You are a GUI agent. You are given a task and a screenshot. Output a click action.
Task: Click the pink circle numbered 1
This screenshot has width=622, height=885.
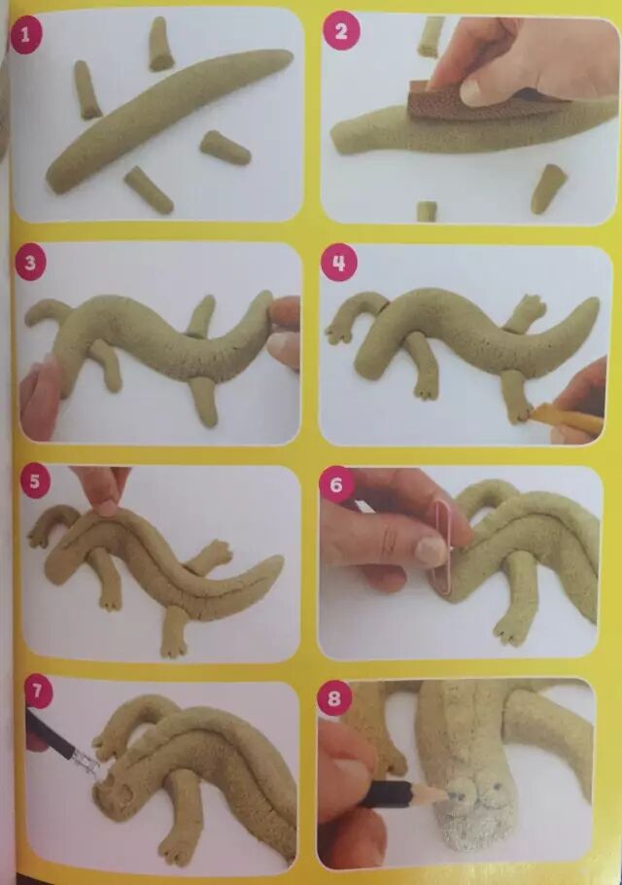click(26, 37)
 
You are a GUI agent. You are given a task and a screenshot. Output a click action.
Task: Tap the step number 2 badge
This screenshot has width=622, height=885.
click(340, 31)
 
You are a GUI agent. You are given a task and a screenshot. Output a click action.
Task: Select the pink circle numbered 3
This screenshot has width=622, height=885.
click(30, 263)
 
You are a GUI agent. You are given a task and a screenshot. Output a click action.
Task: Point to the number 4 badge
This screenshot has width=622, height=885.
click(339, 263)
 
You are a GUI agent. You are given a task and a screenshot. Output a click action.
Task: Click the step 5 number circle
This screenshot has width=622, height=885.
click(35, 481)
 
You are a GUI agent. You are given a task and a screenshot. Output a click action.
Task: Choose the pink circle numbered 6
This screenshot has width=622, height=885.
click(336, 483)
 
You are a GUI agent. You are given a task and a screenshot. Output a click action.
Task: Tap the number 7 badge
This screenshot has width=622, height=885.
click(38, 690)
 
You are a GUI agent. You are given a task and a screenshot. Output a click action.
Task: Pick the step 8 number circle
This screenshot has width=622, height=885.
click(334, 698)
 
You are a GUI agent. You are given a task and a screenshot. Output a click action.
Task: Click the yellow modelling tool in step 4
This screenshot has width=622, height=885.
click(564, 419)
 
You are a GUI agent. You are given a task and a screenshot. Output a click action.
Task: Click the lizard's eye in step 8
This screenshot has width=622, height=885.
click(498, 785)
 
